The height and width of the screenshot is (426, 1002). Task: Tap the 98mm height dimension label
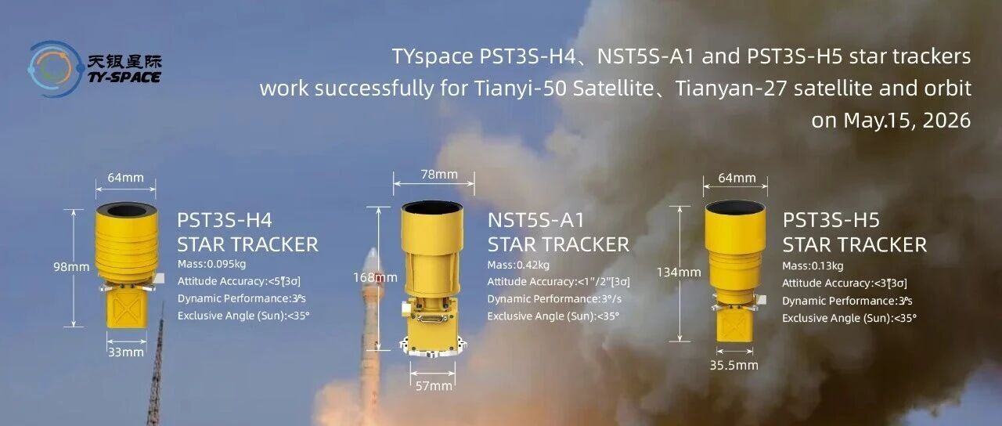coord(71,267)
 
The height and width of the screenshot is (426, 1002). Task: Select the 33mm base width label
coord(126,352)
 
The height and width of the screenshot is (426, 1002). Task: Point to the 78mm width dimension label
coord(439,174)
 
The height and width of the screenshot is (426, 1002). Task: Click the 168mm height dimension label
coord(375,277)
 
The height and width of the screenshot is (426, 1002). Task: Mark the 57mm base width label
coord(434,386)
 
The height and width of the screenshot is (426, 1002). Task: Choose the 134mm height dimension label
coord(679,272)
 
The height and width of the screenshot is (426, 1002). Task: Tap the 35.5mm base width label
coord(734,365)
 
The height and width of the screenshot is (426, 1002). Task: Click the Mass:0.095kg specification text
coord(211,264)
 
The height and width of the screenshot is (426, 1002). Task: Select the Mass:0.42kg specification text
coord(518,265)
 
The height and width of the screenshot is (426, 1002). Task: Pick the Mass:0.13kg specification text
coord(813,265)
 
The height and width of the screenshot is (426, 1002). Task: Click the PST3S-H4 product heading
coord(225,220)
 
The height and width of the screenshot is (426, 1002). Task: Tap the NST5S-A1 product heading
coord(536,220)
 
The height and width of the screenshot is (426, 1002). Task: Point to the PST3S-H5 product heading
coord(831,220)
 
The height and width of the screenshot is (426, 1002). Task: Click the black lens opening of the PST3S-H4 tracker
coord(126,211)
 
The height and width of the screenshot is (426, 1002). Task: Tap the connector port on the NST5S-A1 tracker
coord(431,319)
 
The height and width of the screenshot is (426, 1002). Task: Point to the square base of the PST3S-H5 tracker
coord(734,326)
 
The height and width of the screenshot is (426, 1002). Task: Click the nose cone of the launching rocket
coord(372,258)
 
